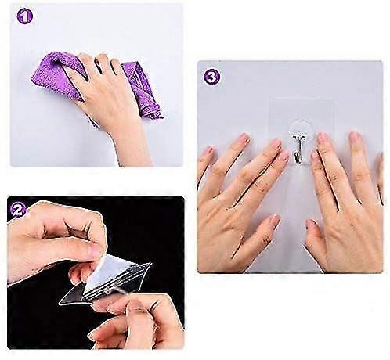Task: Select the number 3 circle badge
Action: tap(209, 77)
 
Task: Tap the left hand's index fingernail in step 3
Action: tap(274, 146)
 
